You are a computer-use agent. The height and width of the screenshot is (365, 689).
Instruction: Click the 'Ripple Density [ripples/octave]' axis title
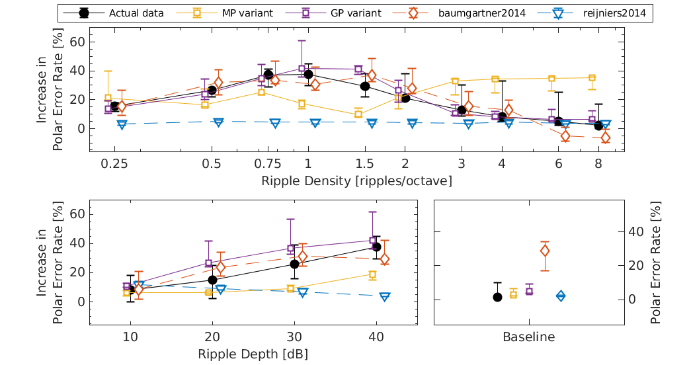tap(356, 181)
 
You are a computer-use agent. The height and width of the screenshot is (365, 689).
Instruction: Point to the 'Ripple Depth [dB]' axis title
tap(253, 354)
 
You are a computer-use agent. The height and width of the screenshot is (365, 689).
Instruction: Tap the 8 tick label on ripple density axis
tap(598, 163)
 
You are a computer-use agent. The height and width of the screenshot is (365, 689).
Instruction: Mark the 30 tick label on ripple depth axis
tap(294, 337)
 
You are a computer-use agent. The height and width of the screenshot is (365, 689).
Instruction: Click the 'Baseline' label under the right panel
tap(529, 337)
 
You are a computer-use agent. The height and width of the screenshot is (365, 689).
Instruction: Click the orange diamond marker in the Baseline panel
tap(545, 251)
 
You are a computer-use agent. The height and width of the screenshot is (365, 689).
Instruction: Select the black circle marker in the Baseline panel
tap(498, 297)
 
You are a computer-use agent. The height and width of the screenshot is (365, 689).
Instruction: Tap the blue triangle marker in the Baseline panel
tap(561, 296)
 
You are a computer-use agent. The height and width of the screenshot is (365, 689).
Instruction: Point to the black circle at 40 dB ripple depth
tap(377, 247)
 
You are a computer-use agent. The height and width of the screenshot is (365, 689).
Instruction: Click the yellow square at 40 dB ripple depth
tap(372, 274)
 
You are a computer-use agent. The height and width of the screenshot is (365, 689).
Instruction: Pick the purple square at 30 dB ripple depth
tap(291, 249)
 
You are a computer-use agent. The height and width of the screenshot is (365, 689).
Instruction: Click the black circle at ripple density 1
tap(308, 74)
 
